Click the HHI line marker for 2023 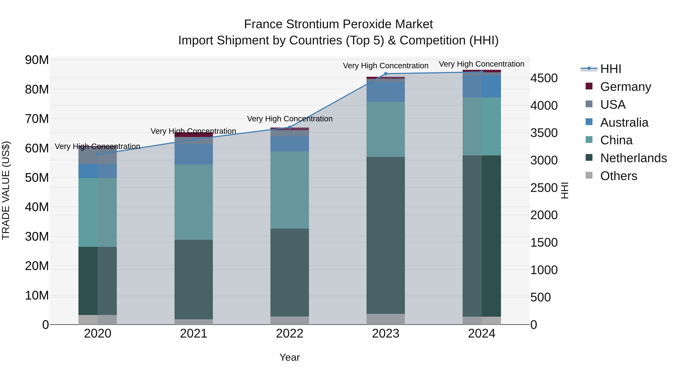click(386, 74)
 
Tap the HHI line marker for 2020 click(98, 155)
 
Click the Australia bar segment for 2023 click(386, 92)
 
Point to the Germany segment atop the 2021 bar click(194, 135)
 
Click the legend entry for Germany click(625, 87)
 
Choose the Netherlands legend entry click(633, 158)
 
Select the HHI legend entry click(610, 69)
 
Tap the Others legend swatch click(589, 175)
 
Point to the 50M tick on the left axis click(37, 178)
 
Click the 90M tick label click(37, 60)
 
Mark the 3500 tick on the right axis click(544, 133)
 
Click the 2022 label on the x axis click(290, 334)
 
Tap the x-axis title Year click(290, 357)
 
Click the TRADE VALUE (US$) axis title click(6, 190)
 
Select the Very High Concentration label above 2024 click(481, 64)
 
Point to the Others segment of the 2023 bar click(386, 319)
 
